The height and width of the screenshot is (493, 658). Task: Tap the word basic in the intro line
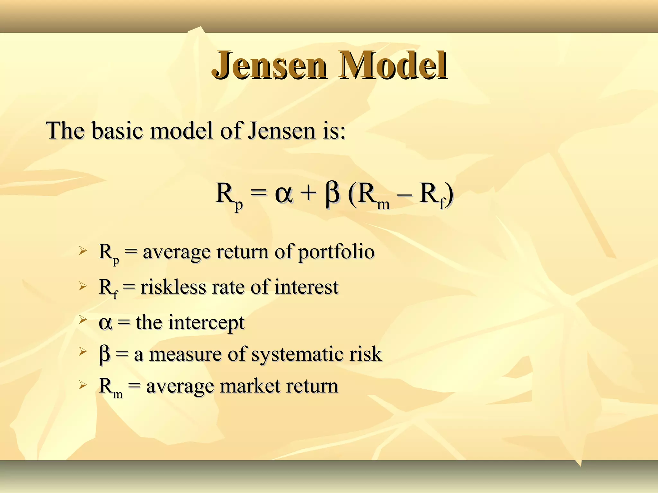point(117,131)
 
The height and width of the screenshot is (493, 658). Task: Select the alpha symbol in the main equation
point(284,194)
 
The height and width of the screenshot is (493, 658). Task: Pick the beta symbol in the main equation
point(332,194)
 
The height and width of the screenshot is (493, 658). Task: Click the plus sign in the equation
point(308,194)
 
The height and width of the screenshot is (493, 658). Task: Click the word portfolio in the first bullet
point(336,252)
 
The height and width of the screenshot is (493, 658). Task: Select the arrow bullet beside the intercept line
point(83,319)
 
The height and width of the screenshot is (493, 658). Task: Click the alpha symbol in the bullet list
point(105,323)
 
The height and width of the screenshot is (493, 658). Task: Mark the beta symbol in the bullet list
point(105,355)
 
